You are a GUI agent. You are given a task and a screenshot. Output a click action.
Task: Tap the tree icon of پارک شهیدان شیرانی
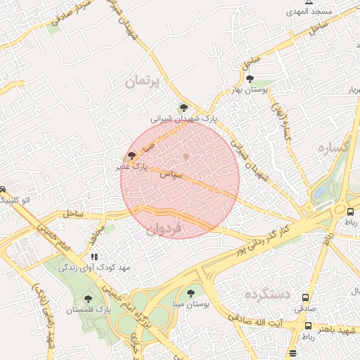[184, 108]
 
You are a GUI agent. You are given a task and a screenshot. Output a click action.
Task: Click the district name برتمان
[143, 82]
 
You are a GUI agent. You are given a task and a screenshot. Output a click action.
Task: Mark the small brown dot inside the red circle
[186, 156]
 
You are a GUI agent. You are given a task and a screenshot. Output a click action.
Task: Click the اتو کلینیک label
[12, 200]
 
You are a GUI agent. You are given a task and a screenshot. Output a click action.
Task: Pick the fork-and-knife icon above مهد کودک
[94, 257]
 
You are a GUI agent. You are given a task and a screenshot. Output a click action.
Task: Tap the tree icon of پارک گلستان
[87, 299]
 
